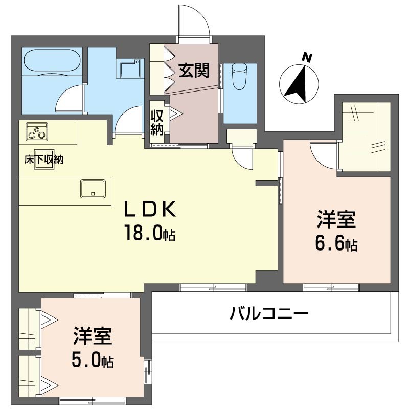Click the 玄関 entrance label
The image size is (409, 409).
pyautogui.click(x=194, y=71)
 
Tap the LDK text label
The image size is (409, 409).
pyautogui.click(x=150, y=209)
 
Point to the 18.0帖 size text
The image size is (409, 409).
pyautogui.click(x=150, y=233)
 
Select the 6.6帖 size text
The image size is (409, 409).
pyautogui.click(x=336, y=243)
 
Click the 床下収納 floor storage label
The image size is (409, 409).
pyautogui.click(x=44, y=160)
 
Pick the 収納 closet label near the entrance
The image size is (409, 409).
pyautogui.click(x=157, y=123)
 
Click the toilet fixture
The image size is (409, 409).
pyautogui.click(x=239, y=76)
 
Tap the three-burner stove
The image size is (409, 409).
pyautogui.click(x=37, y=131)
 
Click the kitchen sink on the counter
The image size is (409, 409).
pyautogui.click(x=93, y=189)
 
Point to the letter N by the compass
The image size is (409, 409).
pyautogui.click(x=307, y=58)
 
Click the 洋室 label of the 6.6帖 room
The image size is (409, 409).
pyautogui.click(x=336, y=220)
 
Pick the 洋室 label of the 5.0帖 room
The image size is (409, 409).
pyautogui.click(x=93, y=336)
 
